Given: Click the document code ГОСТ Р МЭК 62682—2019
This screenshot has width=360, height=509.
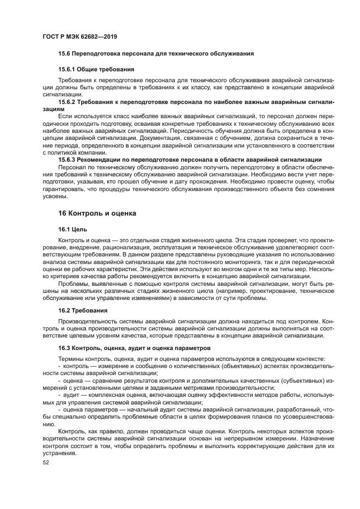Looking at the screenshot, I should pos(80,36).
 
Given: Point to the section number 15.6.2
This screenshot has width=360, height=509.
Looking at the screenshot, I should pos(68,102).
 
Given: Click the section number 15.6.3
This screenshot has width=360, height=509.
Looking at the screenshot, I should pos(68,159).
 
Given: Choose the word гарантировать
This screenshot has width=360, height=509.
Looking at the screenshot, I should pos(65,188).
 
